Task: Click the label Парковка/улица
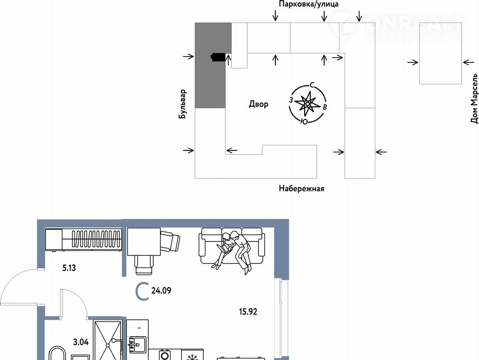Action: tap(309, 4)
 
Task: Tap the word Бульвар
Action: tap(182, 104)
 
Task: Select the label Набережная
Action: tap(301, 189)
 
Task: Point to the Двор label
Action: tap(259, 104)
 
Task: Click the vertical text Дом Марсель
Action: tap(474, 99)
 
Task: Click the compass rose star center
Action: tap(307, 104)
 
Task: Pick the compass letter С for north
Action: tap(312, 85)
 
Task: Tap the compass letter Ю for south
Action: tap(304, 121)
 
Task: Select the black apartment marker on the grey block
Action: tap(218, 57)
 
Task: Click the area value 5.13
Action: tap(69, 268)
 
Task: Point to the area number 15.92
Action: tap(248, 312)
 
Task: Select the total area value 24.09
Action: tap(161, 291)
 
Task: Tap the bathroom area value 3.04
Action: tap(81, 342)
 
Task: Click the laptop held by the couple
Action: tap(223, 248)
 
